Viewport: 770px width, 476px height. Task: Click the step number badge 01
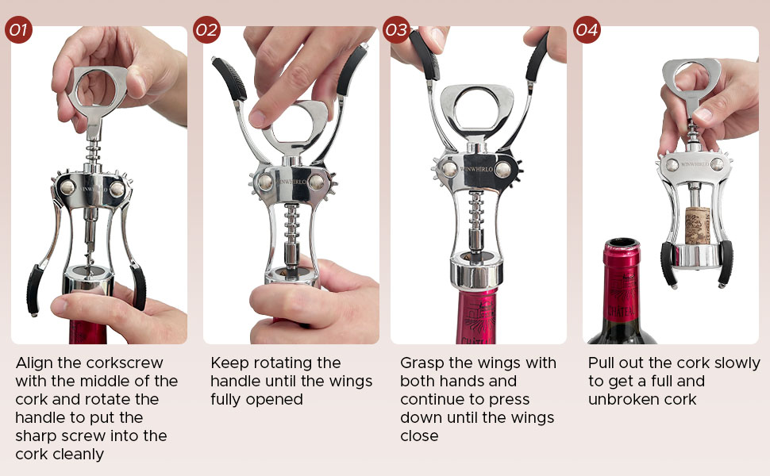pyautogui.click(x=18, y=31)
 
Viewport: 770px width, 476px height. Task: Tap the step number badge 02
pyautogui.click(x=206, y=31)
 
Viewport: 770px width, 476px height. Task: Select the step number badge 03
pyautogui.click(x=395, y=31)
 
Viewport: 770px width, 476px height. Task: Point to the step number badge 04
pyautogui.click(x=587, y=31)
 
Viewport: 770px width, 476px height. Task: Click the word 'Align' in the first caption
pyautogui.click(x=35, y=363)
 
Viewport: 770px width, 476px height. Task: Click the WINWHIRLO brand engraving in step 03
pyautogui.click(x=478, y=168)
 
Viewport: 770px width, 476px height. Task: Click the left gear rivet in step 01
pyautogui.click(x=69, y=187)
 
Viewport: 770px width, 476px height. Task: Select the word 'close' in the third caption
pyautogui.click(x=419, y=436)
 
